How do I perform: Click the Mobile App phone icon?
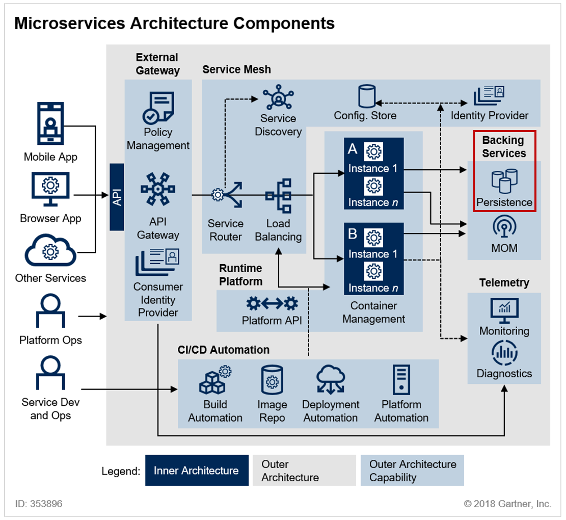(50, 123)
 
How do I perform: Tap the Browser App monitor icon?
(50, 189)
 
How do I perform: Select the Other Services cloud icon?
(50, 250)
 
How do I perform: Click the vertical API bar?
(117, 197)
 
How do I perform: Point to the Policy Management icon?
(158, 108)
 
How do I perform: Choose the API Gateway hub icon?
(158, 189)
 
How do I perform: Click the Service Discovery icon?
(278, 97)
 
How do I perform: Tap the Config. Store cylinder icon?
(367, 96)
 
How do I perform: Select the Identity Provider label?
(489, 116)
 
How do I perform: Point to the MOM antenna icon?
(504, 226)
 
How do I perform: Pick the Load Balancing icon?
(278, 196)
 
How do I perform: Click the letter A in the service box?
(353, 149)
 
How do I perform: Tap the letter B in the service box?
(353, 234)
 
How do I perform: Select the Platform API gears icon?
(272, 304)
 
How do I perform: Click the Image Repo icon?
(272, 380)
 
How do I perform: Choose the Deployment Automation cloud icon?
(331, 379)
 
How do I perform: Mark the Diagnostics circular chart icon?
(504, 353)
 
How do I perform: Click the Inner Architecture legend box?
(197, 470)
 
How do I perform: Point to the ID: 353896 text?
(39, 504)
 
